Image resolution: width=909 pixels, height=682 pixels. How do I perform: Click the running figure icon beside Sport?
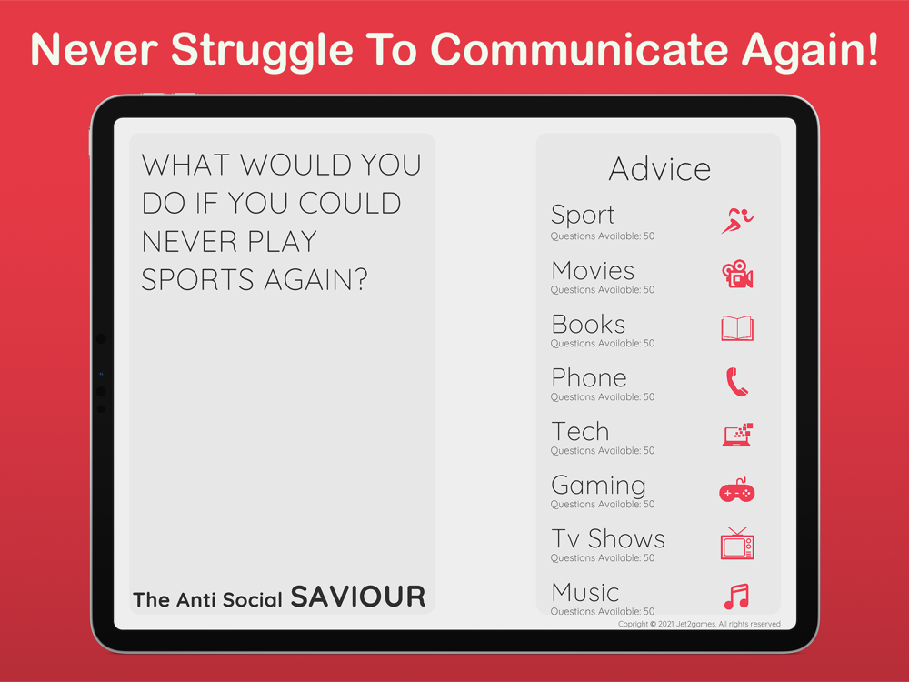click(x=737, y=221)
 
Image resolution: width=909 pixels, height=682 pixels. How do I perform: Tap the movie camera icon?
click(x=737, y=274)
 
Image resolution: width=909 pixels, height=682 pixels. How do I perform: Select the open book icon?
click(x=737, y=328)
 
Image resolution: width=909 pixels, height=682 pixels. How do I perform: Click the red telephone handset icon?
click(x=737, y=382)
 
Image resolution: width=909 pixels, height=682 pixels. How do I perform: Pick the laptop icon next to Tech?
click(x=737, y=435)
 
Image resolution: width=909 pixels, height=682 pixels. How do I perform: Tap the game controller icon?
click(x=737, y=491)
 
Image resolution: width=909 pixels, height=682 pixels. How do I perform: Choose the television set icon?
click(x=737, y=544)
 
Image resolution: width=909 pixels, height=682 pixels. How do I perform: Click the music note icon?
click(x=737, y=597)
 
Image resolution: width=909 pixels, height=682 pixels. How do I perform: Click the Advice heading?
click(x=660, y=169)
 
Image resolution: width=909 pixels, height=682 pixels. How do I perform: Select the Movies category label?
click(x=593, y=271)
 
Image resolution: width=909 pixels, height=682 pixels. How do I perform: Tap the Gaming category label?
click(x=598, y=486)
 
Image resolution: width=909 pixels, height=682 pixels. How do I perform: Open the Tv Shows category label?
click(x=607, y=538)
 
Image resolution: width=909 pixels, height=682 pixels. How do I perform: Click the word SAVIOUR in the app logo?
click(x=357, y=597)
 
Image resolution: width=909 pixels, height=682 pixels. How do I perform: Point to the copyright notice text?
click(x=699, y=624)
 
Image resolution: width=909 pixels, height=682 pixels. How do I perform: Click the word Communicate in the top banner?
click(x=579, y=49)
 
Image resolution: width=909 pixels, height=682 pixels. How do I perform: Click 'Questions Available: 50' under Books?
click(x=603, y=344)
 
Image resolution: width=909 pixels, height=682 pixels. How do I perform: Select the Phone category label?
click(x=589, y=378)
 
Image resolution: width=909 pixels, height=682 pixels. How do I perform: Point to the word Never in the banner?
click(x=94, y=49)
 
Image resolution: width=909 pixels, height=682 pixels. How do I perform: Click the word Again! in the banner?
click(x=811, y=51)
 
